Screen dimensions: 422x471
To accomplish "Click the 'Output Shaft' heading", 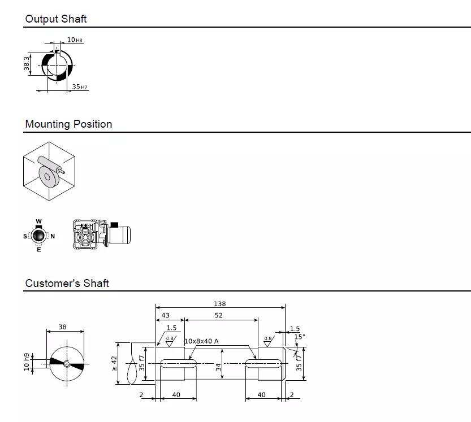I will coord(56,19).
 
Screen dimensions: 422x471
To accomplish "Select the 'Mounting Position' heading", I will coord(68,124).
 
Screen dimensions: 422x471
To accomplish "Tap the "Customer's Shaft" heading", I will coord(67,283).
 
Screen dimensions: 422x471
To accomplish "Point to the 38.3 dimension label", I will coord(27,66).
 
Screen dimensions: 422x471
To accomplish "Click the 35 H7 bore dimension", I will coord(80,87).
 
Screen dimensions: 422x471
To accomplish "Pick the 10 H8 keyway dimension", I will coord(75,40).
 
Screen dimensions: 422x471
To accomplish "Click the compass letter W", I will coord(38,221).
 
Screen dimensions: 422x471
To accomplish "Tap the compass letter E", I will coord(38,250).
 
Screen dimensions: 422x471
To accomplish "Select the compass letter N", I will coord(53,236).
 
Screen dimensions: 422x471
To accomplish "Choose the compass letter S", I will coord(25,236).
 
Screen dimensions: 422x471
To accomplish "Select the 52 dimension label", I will coord(219,315).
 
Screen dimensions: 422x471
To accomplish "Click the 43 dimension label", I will coord(166,315).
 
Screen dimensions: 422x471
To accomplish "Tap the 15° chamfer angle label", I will coord(300,337).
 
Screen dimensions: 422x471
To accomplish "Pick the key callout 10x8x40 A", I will coord(201,341).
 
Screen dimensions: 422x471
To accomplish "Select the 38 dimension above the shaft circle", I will coord(62,327).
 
